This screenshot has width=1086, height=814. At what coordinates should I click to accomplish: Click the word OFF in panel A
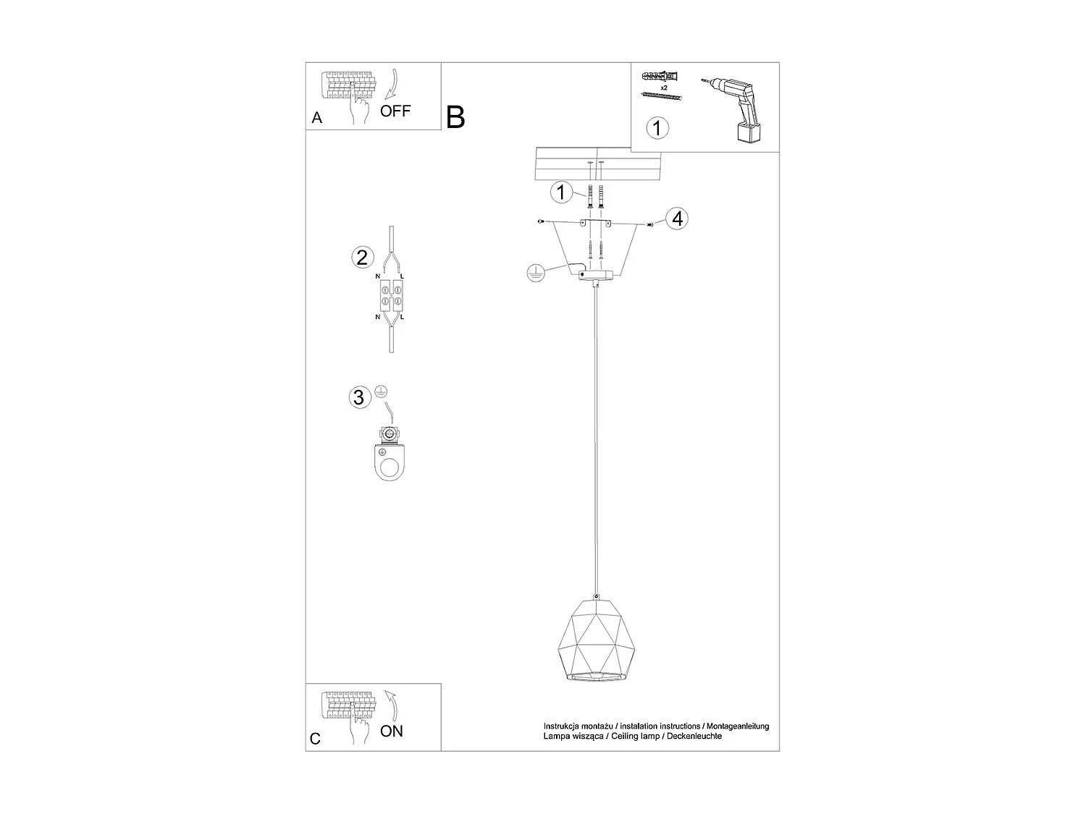[395, 111]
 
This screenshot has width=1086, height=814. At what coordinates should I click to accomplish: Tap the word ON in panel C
[392, 731]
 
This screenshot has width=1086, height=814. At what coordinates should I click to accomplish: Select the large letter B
[455, 116]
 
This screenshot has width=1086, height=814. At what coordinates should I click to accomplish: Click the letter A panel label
[316, 118]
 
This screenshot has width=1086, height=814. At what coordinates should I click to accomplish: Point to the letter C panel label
[315, 739]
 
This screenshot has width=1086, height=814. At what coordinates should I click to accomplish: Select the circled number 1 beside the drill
[657, 128]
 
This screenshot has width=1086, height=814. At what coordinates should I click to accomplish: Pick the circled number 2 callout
[362, 257]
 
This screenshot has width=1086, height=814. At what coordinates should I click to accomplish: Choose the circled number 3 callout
[358, 397]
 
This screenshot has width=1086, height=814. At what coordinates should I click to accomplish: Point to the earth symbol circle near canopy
[536, 273]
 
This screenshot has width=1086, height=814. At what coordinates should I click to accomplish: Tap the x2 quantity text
[663, 86]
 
